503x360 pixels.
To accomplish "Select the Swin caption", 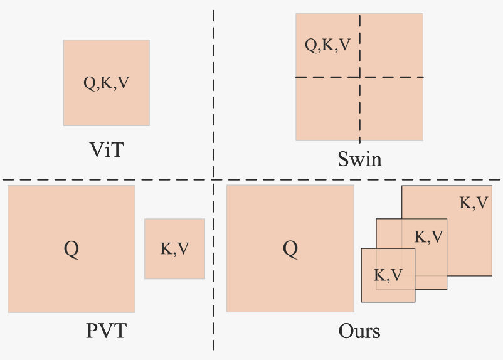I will click(359, 159).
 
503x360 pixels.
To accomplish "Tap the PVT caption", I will click(106, 330).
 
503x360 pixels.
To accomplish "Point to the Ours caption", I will click(359, 330).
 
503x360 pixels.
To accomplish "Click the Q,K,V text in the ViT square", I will click(107, 83).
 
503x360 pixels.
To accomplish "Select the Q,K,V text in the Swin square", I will click(327, 45).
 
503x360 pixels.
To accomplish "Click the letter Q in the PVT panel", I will click(71, 249).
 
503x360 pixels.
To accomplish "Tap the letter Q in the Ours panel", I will click(290, 249).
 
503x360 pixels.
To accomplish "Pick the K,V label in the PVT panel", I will click(174, 249).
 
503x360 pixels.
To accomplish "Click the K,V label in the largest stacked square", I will click(474, 203).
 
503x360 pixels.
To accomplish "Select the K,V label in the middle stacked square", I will click(429, 237).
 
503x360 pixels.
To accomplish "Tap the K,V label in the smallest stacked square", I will click(388, 275).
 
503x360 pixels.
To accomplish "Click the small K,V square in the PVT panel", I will click(174, 263).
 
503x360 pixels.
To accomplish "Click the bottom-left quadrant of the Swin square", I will click(327, 109).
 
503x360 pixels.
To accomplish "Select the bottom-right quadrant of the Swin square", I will click(391, 109).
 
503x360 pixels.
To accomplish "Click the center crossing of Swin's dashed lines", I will click(359, 77).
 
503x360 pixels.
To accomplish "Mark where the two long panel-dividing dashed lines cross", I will click(213, 180).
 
